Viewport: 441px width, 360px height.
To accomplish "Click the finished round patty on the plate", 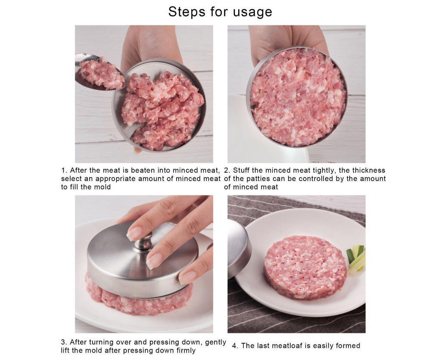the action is click(x=305, y=267).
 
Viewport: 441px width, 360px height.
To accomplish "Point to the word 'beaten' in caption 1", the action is click(x=143, y=170).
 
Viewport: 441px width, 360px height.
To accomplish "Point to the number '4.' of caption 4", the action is click(x=235, y=346).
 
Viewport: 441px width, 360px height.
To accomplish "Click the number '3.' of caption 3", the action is click(x=64, y=342).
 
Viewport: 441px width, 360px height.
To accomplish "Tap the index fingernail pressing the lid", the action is click(x=134, y=233).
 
